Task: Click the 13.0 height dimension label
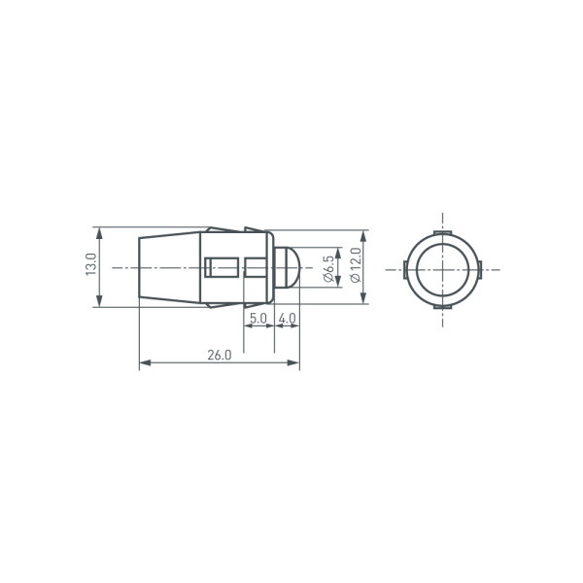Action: (90, 267)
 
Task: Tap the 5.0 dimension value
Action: (257, 318)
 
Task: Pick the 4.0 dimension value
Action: (287, 318)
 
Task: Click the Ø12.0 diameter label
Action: (355, 266)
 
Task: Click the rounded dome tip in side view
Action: (289, 267)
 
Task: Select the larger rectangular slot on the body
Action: (223, 267)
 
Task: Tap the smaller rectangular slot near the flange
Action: (254, 267)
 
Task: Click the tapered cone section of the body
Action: (169, 267)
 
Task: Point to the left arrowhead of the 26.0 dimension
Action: (144, 363)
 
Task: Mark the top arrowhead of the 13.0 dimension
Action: (98, 232)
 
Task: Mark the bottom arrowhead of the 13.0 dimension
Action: (98, 302)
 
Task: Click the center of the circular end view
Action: (442, 268)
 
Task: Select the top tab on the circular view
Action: (442, 231)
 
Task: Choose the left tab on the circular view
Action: (405, 268)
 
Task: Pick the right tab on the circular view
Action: (479, 268)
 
